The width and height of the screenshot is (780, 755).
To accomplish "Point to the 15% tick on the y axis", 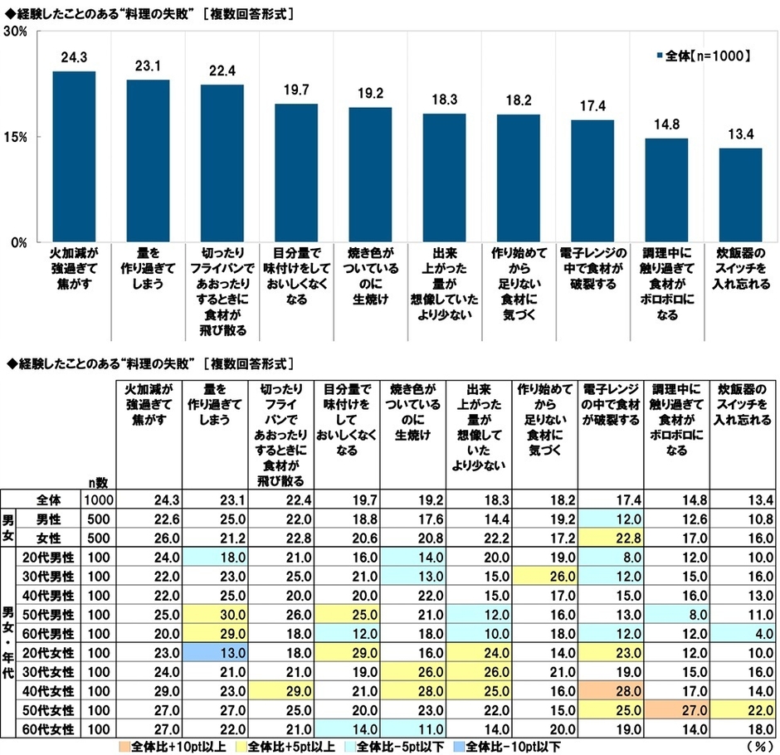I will click(19, 137).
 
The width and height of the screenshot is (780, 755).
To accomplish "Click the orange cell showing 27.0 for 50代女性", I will click(676, 711).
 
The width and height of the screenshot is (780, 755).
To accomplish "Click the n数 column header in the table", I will click(97, 480).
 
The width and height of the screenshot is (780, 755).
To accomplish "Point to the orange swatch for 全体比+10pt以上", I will click(125, 748).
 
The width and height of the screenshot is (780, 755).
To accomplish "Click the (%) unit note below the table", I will click(758, 747).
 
